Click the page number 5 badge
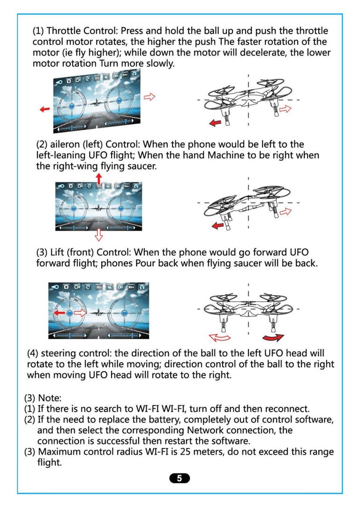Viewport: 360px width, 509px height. (180, 478)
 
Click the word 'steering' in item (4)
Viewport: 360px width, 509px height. (63, 353)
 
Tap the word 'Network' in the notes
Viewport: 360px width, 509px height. (220, 430)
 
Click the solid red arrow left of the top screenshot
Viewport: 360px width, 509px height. (45, 109)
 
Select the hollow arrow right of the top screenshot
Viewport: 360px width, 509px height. (150, 97)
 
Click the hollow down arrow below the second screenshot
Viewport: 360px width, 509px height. (98, 234)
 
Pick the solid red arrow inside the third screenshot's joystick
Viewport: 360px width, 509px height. (59, 313)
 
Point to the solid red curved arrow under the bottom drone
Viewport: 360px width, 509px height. (273, 338)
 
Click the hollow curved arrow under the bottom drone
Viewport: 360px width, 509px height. (220, 338)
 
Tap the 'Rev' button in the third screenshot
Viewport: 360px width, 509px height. (131, 286)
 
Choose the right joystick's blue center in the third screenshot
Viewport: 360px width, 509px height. (121, 313)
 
